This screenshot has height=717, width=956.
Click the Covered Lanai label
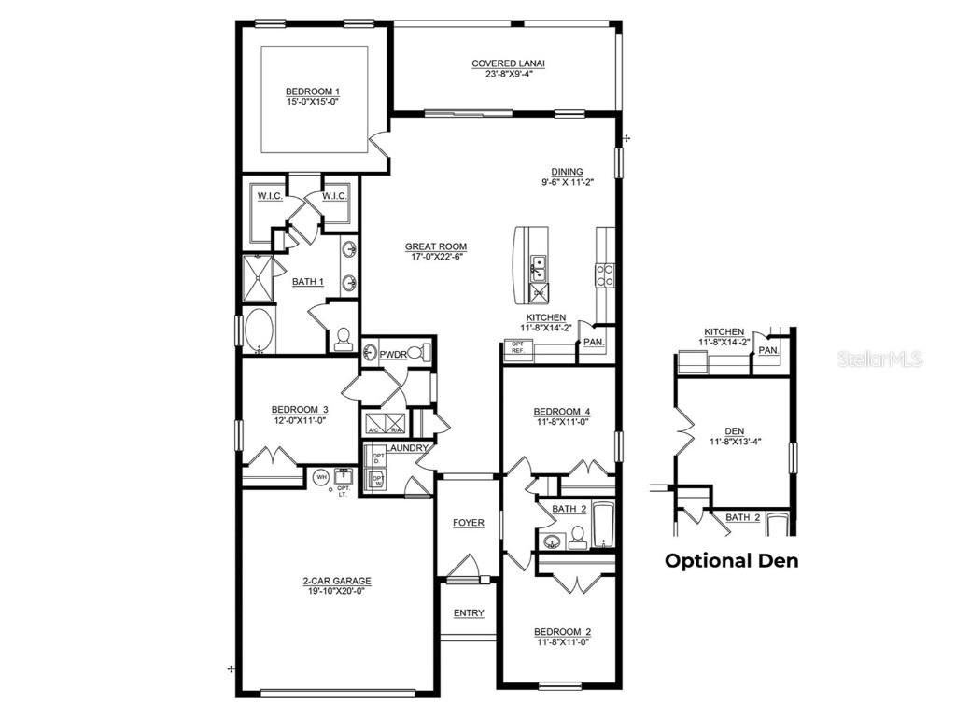pos(508,63)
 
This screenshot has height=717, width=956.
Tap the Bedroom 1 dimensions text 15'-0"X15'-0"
pos(312,101)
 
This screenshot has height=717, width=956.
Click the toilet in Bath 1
pos(343,338)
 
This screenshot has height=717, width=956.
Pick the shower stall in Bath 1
pos(260,278)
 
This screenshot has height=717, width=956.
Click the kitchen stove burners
pos(605,274)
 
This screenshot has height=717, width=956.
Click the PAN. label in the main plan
pos(593,342)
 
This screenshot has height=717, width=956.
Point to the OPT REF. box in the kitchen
pos(517,347)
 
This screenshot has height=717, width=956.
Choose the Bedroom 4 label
pos(561,412)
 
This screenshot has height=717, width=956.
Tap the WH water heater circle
pos(321,476)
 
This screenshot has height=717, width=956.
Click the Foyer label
pos(469,523)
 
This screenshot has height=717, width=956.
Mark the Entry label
pos(469,613)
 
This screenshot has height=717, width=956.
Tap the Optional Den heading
pos(731,561)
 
